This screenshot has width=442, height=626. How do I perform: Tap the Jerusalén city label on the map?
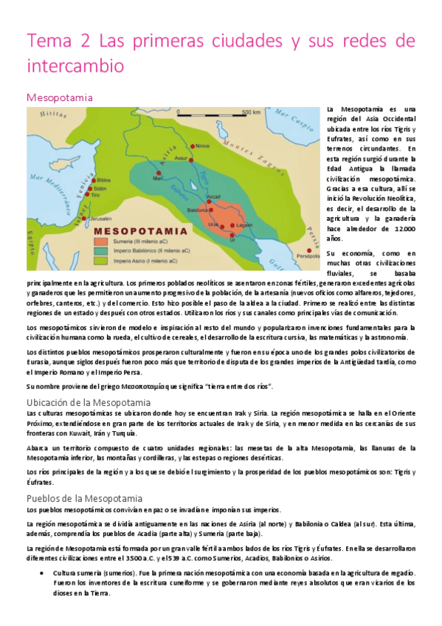77,219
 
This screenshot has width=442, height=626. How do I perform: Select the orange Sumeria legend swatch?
99,240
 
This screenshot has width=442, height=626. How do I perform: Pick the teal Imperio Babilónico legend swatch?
99,250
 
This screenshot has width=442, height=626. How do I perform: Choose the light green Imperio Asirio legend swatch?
99,261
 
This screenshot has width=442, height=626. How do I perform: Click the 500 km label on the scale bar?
251,113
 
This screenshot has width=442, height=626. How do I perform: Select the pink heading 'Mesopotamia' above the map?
59,97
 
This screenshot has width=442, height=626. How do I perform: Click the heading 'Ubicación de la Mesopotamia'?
89,402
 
